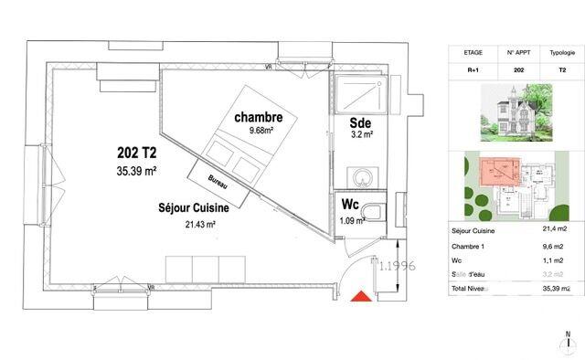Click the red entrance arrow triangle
coord(362,296)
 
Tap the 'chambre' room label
coord(259,117)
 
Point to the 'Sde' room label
coord(358,122)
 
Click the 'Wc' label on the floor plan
coord(349,204)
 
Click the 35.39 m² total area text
coord(136,170)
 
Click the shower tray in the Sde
coord(361,92)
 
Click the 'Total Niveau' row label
coord(473,288)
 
